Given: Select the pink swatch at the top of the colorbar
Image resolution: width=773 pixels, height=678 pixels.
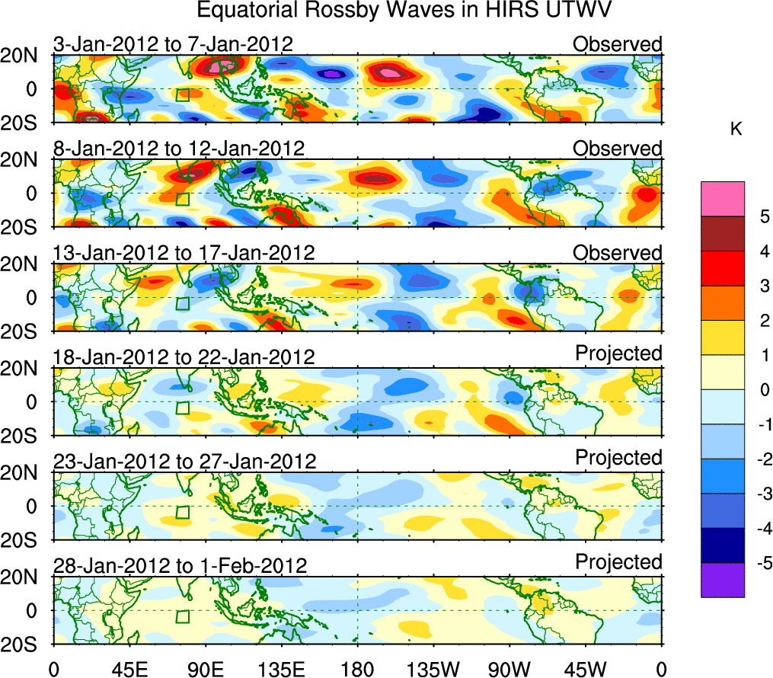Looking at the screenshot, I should click(x=723, y=199).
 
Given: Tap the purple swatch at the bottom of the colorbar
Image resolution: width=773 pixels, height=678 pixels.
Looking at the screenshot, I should click(x=723, y=580).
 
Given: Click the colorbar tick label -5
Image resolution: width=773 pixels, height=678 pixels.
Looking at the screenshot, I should click(x=757, y=563).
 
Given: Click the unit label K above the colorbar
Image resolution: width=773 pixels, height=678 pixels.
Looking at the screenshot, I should click(x=736, y=130).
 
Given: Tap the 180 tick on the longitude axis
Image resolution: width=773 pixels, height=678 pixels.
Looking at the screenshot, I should click(x=357, y=670).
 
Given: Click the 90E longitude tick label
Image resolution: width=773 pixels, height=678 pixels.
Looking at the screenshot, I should click(x=206, y=670).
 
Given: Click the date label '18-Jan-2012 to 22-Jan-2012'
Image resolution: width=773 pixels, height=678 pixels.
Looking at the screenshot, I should click(x=184, y=357).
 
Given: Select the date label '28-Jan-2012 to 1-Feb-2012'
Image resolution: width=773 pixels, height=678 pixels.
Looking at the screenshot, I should click(x=180, y=565).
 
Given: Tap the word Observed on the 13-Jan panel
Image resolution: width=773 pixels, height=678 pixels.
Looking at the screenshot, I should click(x=617, y=253).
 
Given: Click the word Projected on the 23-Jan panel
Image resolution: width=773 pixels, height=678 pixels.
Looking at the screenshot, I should click(x=618, y=458).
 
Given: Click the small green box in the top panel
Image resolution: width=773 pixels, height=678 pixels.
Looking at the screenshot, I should click(x=182, y=95).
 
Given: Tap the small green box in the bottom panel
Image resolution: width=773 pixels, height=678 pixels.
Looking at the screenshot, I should click(x=182, y=616).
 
